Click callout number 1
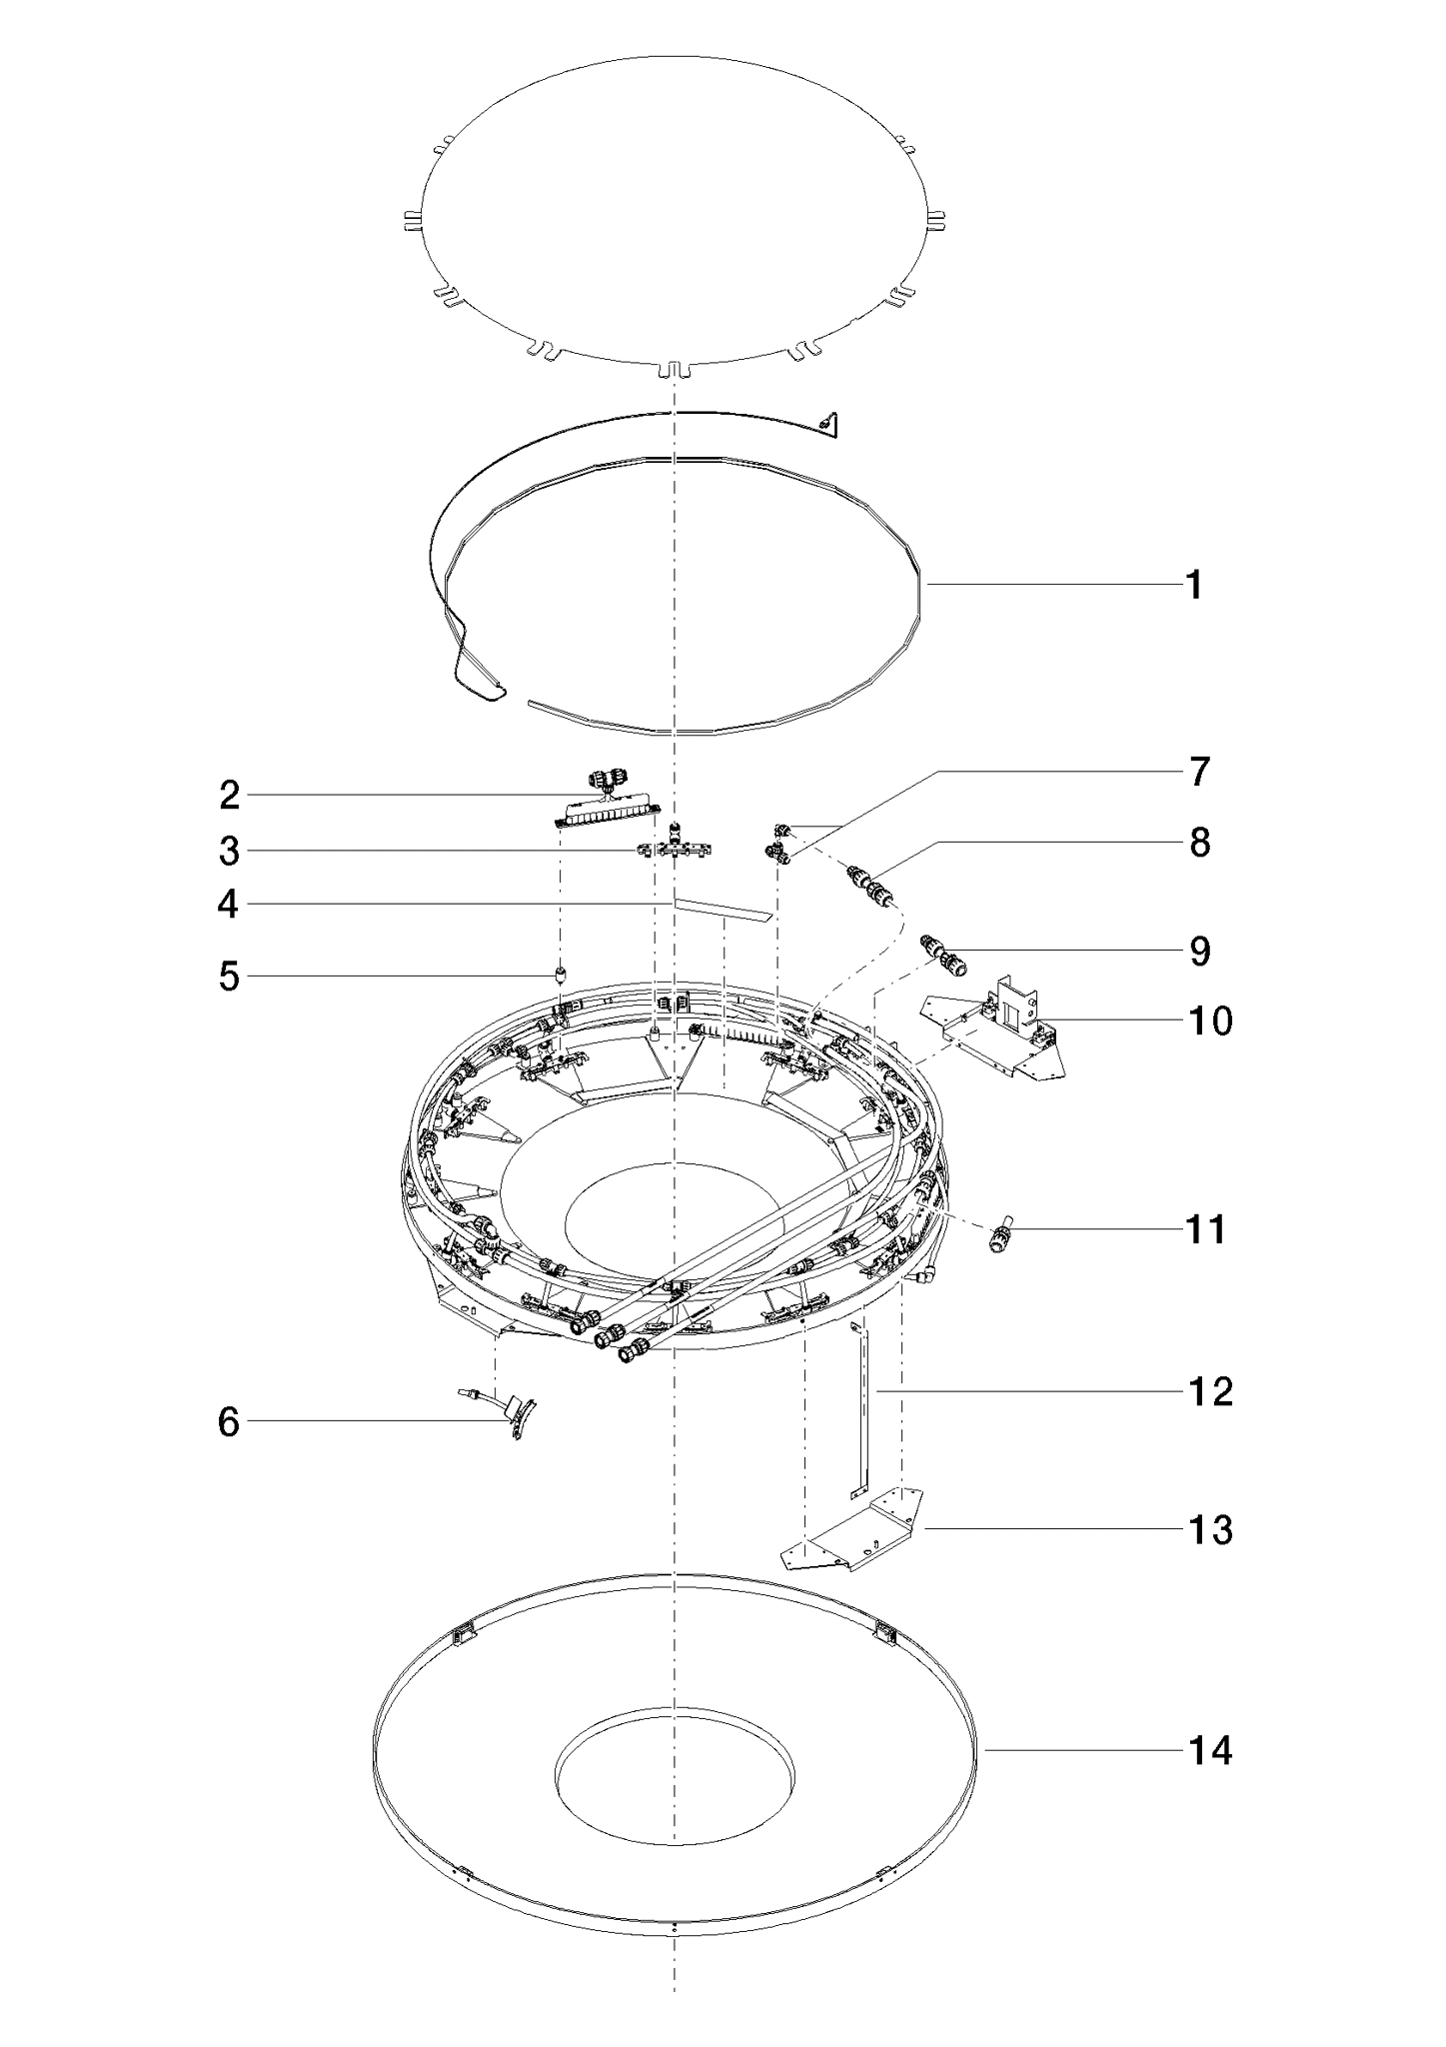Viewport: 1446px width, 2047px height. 1194,585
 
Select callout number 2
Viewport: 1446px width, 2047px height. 230,796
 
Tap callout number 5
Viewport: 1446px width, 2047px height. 230,977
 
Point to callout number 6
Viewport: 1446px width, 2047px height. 229,1422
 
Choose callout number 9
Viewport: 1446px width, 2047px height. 1199,951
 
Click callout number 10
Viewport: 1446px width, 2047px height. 1210,1021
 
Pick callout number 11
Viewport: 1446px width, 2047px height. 1206,1228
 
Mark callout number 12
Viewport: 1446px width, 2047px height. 1210,1391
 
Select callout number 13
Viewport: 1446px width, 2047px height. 1210,1529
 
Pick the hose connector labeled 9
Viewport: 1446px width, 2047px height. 943,954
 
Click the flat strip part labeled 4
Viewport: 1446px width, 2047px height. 723,909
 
